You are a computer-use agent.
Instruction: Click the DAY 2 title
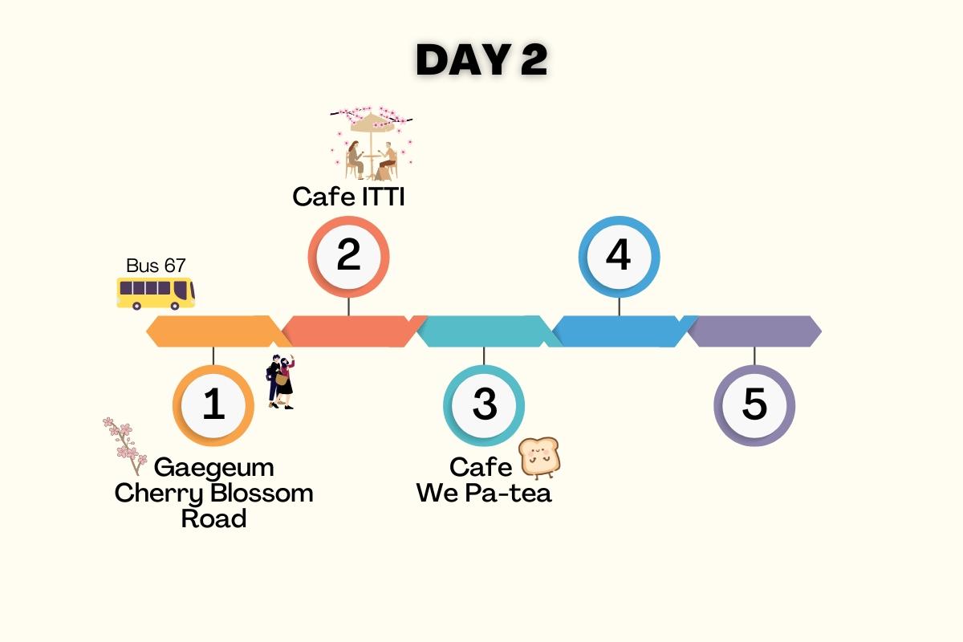pos(481,60)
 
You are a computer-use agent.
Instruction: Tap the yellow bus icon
pos(156,294)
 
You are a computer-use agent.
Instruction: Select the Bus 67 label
pos(156,266)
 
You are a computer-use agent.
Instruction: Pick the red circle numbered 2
pos(349,256)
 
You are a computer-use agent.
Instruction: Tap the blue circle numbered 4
pos(619,256)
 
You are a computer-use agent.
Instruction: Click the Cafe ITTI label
pos(348,197)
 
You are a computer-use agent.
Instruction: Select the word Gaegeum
pos(213,467)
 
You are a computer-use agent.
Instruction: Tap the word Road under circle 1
pos(213,518)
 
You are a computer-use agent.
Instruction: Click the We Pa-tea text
pos(484,493)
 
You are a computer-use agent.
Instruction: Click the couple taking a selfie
pos(281,382)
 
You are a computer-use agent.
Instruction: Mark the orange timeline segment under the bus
pos(213,331)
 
